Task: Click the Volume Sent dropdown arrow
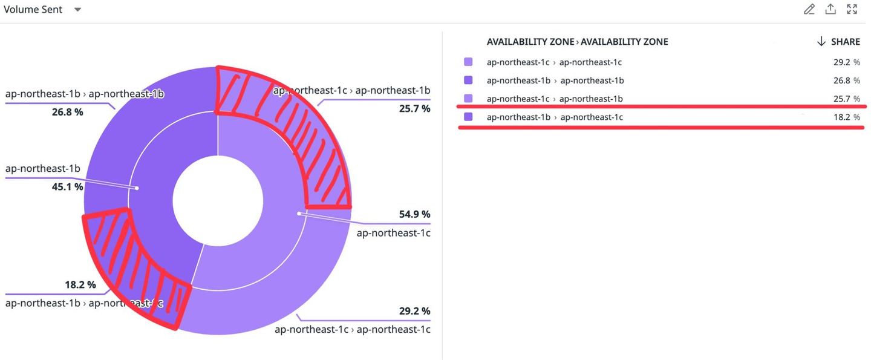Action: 77,10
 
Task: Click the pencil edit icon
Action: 809,9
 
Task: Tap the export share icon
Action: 830,9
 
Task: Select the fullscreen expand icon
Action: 852,9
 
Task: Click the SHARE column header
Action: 838,42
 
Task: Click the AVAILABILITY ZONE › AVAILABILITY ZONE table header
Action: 577,42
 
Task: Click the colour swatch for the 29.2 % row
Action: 468,62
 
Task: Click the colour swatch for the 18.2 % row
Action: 468,117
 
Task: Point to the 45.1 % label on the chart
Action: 67,187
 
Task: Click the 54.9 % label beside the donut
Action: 414,214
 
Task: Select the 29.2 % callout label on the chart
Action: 414,311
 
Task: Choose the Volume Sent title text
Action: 33,10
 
